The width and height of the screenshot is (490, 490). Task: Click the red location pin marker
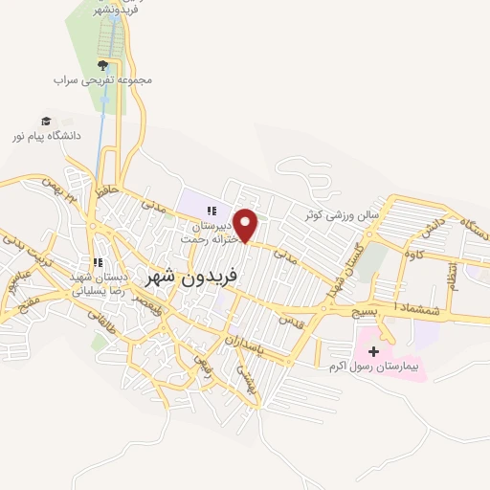247,226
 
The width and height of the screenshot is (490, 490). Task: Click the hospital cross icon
373,351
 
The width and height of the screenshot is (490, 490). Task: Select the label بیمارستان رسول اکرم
375,367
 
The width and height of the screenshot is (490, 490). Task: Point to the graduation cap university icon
46,121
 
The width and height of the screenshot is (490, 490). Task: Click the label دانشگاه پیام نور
46,136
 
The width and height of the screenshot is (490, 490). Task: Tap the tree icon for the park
102,65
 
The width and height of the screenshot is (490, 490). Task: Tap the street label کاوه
413,256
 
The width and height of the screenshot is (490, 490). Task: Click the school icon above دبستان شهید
96,262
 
